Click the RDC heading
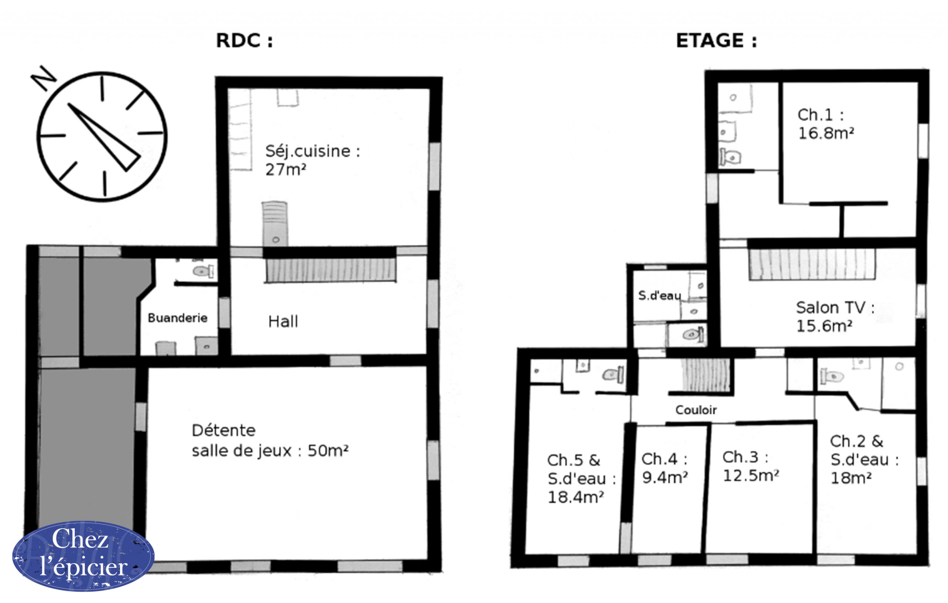[x=244, y=41]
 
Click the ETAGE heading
[x=716, y=41]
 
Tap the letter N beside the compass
[x=44, y=77]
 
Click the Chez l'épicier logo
[x=83, y=556]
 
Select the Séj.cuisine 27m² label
[x=313, y=160]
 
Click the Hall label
[x=283, y=322]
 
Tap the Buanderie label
[x=177, y=318]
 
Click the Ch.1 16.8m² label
[x=825, y=124]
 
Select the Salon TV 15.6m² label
[x=835, y=317]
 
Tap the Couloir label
[x=696, y=410]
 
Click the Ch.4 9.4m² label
[x=665, y=468]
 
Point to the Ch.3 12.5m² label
[x=751, y=466]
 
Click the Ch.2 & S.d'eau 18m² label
[x=865, y=460]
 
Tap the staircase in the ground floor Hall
[x=331, y=270]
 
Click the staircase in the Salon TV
[x=812, y=265]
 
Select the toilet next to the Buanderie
[x=203, y=271]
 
